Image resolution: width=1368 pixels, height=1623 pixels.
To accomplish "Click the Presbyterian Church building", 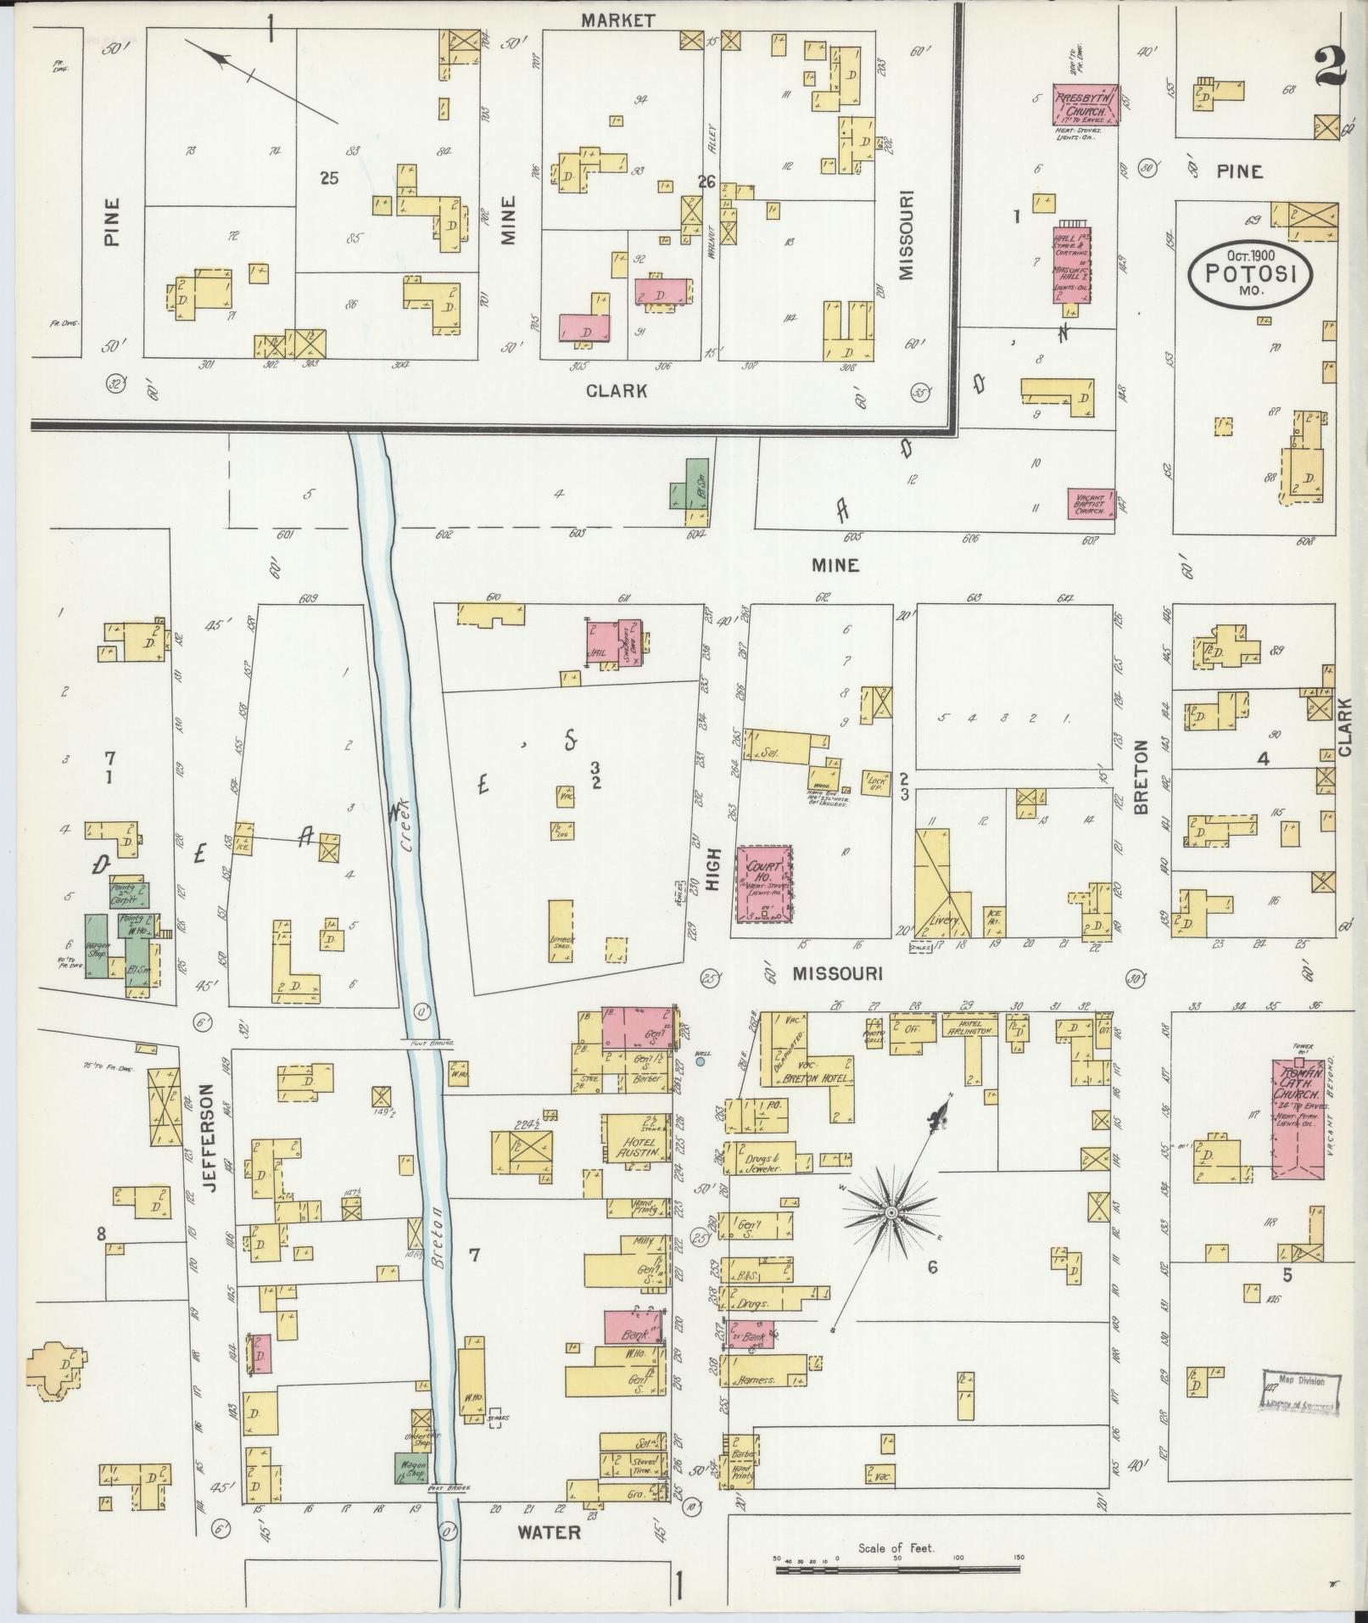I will coord(1085,104).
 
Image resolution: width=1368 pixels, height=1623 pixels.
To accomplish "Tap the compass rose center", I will coord(891,1214).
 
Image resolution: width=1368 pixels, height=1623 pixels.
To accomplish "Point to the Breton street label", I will coord(1141,777).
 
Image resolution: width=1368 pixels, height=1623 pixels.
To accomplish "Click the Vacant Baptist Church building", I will coord(1091,503).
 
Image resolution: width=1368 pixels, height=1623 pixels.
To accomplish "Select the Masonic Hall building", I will coord(1072,263).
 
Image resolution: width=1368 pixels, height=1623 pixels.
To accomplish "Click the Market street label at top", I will coord(617,20).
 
